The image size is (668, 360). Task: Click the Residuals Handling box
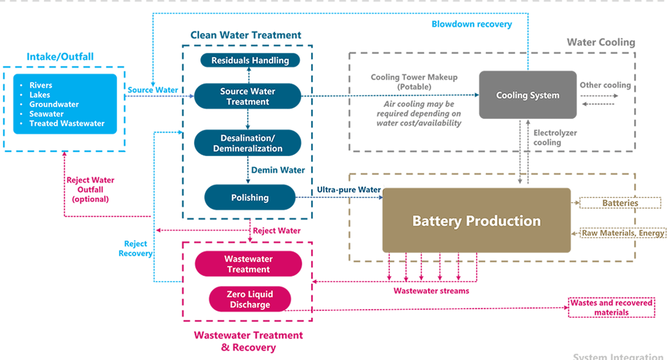point(250,60)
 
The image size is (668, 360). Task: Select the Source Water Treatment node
point(247,96)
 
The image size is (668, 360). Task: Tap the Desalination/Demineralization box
point(247,143)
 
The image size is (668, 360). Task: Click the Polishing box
point(250,198)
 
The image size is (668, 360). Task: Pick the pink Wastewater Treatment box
point(248,264)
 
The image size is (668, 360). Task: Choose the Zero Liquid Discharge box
point(250,299)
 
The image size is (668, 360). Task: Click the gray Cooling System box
point(527,95)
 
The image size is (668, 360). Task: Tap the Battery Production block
point(476,221)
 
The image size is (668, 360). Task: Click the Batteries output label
point(620,203)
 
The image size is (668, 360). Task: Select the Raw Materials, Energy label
point(623,233)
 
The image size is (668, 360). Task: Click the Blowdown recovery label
point(471,24)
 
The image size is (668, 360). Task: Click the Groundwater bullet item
point(54,104)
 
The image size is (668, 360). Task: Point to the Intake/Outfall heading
point(60,57)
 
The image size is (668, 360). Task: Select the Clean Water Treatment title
point(246,35)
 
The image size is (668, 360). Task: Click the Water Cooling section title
point(600,42)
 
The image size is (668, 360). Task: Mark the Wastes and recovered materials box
point(612,307)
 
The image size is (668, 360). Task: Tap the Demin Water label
point(278,170)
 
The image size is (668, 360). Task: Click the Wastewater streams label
point(431,291)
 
